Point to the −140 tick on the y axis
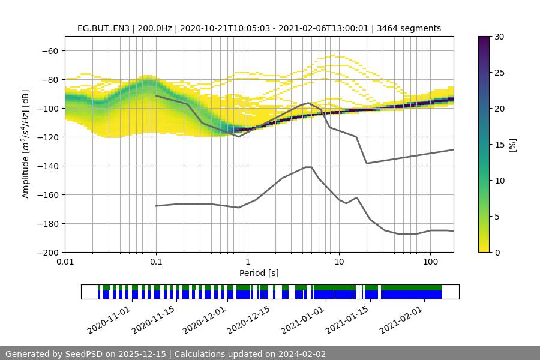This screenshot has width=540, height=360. pyautogui.click(x=49, y=166)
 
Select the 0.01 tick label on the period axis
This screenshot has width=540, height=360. pyautogui.click(x=65, y=262)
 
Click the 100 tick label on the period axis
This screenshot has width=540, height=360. pyautogui.click(x=430, y=262)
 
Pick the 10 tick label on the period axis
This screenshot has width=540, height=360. pyautogui.click(x=339, y=262)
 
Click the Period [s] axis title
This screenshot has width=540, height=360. pyautogui.click(x=259, y=273)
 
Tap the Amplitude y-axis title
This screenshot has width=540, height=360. pyautogui.click(x=26, y=145)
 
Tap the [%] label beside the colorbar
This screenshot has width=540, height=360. pyautogui.click(x=513, y=145)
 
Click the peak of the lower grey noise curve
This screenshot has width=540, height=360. pyautogui.click(x=308, y=167)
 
